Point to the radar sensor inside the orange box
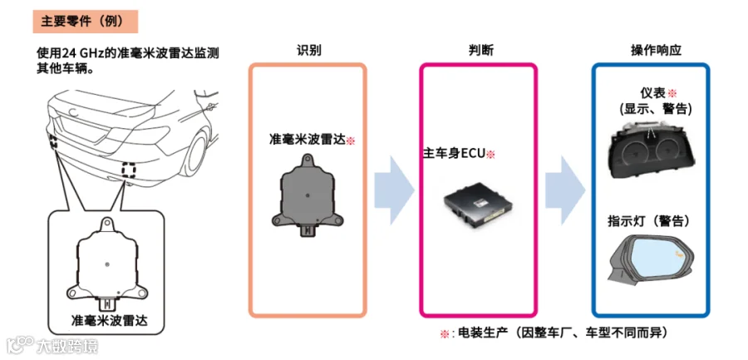(x=308, y=195)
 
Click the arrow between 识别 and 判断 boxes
(x=392, y=190)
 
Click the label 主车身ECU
(x=455, y=154)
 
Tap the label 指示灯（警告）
(x=649, y=221)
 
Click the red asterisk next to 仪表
(x=672, y=93)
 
